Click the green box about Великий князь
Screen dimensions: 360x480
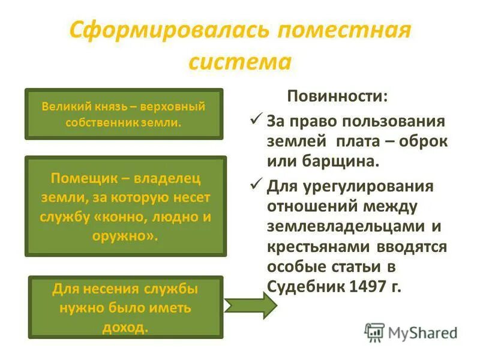click(124, 114)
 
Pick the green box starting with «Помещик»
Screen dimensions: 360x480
click(125, 206)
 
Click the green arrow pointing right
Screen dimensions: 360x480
click(251, 305)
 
